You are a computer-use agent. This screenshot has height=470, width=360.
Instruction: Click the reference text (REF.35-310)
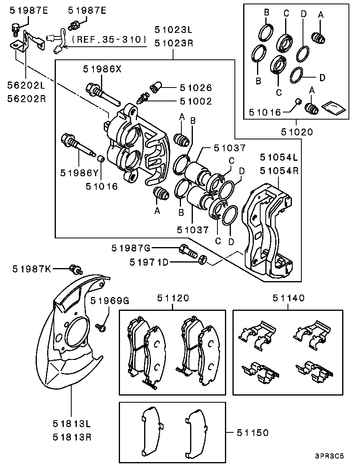click(109, 40)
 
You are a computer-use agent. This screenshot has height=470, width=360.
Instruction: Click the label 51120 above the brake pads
click(173, 298)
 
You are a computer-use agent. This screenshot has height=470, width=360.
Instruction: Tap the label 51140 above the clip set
click(288, 298)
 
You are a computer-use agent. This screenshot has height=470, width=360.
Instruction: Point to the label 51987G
click(131, 248)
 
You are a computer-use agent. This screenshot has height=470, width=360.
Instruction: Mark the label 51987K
click(32, 269)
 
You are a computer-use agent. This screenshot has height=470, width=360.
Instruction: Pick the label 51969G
click(110, 301)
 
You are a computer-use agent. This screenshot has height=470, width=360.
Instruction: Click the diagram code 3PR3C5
click(329, 456)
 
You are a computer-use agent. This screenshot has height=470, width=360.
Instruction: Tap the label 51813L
click(72, 424)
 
